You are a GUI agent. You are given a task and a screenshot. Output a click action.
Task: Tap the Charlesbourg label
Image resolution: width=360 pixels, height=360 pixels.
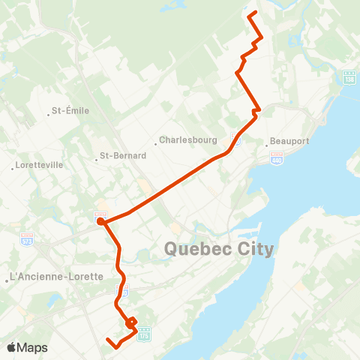(187, 139)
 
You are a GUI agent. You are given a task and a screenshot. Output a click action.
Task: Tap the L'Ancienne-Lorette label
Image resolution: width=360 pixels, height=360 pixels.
(56, 276)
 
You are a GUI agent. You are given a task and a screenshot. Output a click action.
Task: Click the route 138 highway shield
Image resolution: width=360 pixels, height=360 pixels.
(348, 78)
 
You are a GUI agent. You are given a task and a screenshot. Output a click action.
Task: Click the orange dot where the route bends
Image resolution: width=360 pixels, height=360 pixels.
(100, 220)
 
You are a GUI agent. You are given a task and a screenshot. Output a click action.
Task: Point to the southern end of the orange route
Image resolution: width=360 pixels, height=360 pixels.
(108, 340)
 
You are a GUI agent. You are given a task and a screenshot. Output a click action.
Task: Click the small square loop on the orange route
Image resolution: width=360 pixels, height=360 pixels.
(132, 323)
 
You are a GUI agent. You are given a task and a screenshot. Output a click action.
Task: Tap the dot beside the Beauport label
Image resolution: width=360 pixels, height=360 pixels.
(267, 141)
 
